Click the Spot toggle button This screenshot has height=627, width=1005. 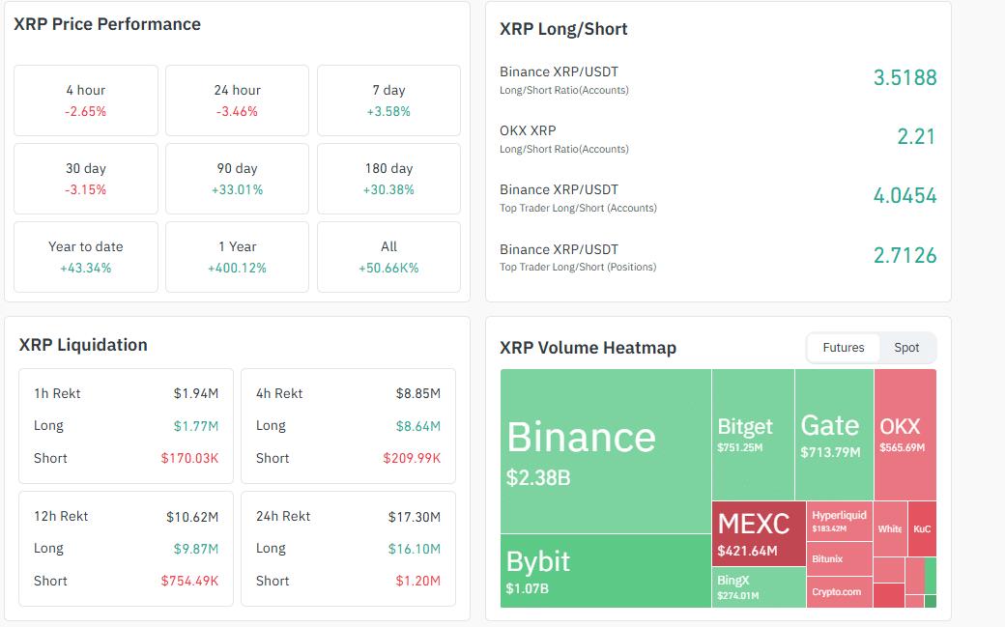(x=906, y=348)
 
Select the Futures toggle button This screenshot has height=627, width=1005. (x=844, y=348)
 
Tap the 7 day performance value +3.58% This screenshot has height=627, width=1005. (x=389, y=111)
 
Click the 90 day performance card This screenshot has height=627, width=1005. (x=237, y=179)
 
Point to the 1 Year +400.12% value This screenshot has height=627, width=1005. (x=237, y=268)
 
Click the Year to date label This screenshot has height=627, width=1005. (x=86, y=246)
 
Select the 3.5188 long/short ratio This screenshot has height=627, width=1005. (x=904, y=78)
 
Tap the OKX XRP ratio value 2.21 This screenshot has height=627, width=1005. (x=916, y=137)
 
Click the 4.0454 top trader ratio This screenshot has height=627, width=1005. (x=904, y=196)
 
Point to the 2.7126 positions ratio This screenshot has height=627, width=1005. (x=904, y=256)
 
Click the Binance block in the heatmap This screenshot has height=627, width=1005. (x=606, y=451)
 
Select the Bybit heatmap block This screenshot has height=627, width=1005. (x=606, y=571)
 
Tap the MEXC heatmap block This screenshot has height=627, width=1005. (x=759, y=533)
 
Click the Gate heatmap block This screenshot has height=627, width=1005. (x=834, y=435)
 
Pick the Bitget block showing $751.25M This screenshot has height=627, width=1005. (x=753, y=435)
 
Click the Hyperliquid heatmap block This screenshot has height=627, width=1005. (x=840, y=521)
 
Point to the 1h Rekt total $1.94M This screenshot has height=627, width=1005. (x=196, y=393)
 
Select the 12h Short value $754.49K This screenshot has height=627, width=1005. (x=189, y=581)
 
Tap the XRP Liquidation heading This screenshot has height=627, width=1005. (x=83, y=345)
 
